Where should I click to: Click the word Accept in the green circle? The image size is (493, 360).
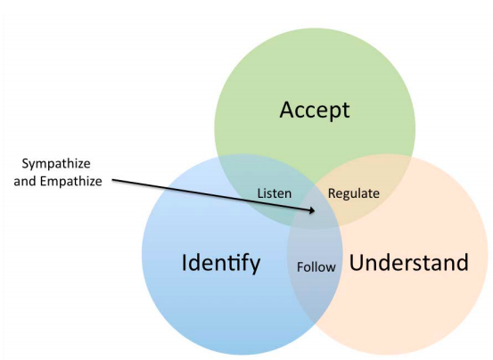point(315,110)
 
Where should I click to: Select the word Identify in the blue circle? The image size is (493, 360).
point(221,263)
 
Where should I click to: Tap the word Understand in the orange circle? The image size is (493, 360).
point(409,262)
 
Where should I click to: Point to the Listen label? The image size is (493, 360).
point(275,193)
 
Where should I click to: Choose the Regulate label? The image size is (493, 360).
point(354,194)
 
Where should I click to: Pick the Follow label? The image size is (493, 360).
point(316,267)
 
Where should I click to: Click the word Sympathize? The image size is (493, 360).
point(56,164)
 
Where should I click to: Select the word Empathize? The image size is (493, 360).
point(71,182)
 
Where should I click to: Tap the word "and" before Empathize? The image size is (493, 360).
point(26,181)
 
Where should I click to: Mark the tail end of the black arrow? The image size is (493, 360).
point(112,180)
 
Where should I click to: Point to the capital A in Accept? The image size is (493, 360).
point(287,110)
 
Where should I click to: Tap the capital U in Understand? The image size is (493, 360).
point(356,262)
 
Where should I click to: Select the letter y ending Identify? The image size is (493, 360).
point(254,266)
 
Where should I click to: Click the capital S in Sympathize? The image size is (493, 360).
point(25,163)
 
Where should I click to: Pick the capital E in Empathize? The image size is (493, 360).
point(44,181)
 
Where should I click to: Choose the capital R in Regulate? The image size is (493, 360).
point(332,193)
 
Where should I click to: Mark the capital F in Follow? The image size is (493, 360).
point(300,267)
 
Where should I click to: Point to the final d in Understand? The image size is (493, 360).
point(463,262)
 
